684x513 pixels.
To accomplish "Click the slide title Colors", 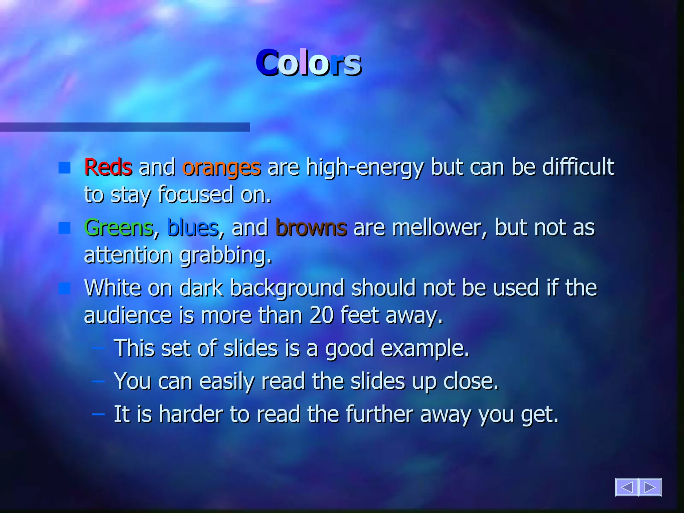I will pos(309,63).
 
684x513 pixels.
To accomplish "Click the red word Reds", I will pos(108,167).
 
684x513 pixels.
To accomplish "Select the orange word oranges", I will pos(221,168).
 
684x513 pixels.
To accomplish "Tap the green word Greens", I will pos(119,228).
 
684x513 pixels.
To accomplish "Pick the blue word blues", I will pos(193,228).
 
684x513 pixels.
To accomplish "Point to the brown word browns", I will pos(311,228).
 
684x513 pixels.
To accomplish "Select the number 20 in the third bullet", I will pos(321,315).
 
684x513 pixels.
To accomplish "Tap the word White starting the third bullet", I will pos(113,288).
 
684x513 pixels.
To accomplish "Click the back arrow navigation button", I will pos(627,487).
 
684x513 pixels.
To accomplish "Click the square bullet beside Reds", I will pos(64,168).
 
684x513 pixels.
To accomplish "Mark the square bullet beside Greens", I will pos(64,228).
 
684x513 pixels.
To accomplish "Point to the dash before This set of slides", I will pos(99,348).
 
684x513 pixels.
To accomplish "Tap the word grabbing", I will pos(226,255).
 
